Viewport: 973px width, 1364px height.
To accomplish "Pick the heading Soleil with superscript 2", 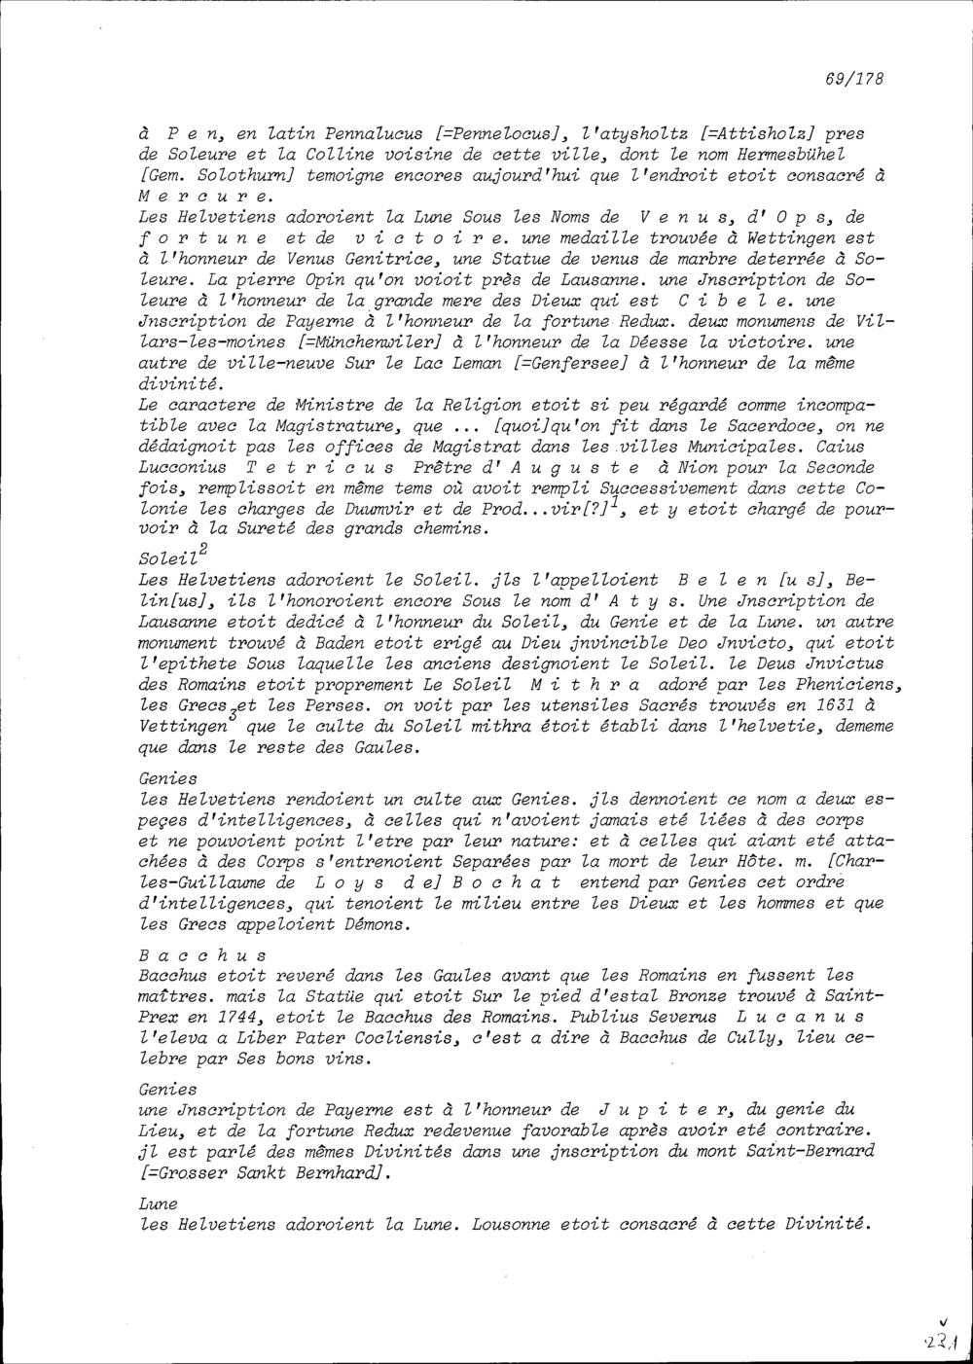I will [x=169, y=562].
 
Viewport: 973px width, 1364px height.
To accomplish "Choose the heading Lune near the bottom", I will [x=156, y=1204].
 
